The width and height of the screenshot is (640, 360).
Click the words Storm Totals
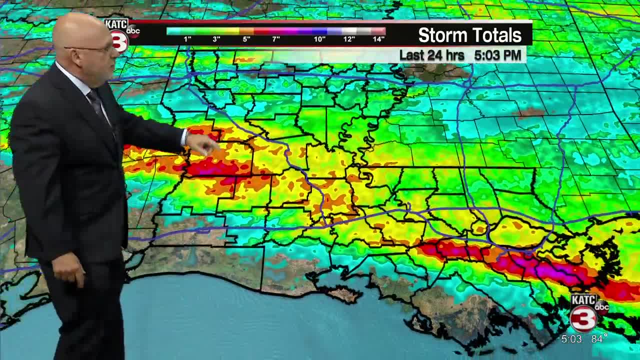click(x=469, y=35)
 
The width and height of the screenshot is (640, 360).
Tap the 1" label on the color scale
click(x=187, y=39)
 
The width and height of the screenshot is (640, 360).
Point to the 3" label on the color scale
click(x=216, y=39)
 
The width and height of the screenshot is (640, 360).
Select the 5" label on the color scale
click(x=246, y=39)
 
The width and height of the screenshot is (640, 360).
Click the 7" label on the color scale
click(x=276, y=39)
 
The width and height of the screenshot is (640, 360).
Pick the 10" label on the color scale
click(x=319, y=39)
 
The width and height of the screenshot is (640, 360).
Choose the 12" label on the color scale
click(x=349, y=39)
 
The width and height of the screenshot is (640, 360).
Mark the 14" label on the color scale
click(x=378, y=39)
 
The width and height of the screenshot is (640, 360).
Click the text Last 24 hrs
click(x=431, y=55)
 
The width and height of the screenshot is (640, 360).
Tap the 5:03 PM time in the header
click(x=497, y=55)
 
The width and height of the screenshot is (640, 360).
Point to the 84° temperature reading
click(x=599, y=339)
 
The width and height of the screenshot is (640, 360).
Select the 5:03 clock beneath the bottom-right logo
click(x=571, y=339)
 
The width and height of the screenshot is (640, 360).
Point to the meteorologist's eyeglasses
click(x=95, y=49)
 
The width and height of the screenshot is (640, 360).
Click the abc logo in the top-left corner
click(x=133, y=31)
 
